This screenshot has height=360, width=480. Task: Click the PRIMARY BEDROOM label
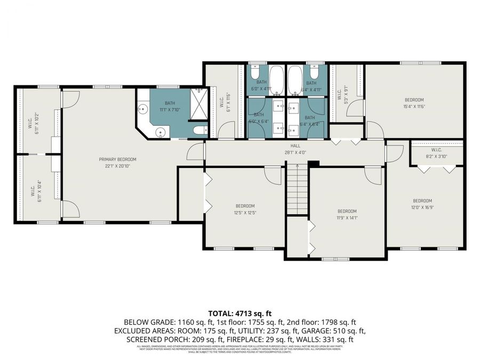(117, 159)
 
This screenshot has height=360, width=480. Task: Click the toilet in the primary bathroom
(198, 130)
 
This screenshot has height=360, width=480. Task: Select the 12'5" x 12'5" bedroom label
(245, 209)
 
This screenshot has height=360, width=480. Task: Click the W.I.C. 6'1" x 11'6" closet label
(225, 102)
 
